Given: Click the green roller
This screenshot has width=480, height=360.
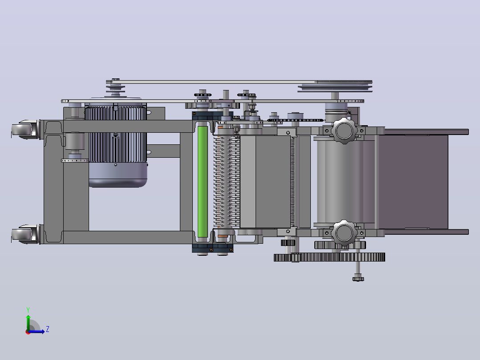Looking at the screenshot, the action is tap(202, 182).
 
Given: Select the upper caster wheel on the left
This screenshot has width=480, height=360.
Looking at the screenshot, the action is tap(24, 129).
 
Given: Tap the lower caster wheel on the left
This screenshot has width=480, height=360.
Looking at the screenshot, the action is tap(24, 234).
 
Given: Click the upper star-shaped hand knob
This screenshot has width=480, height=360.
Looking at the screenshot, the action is tap(344, 131).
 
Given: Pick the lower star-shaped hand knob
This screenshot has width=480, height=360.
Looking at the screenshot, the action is tap(344, 233).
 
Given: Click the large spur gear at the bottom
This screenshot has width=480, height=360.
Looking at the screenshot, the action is tap(329, 257).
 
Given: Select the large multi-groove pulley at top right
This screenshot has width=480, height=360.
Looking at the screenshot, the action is tap(335, 86).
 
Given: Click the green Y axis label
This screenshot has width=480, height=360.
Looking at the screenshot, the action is tap(28, 310).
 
